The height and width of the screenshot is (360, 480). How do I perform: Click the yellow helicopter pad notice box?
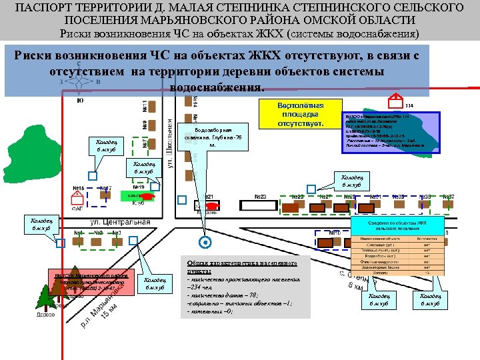(300, 115)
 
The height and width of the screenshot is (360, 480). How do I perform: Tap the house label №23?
(259, 197)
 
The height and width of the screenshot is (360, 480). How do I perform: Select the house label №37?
(448, 197)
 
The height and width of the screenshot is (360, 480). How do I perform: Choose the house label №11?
(145, 106)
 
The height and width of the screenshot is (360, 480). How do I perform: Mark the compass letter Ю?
(80, 101)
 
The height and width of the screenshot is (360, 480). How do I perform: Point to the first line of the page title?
(240, 7)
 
